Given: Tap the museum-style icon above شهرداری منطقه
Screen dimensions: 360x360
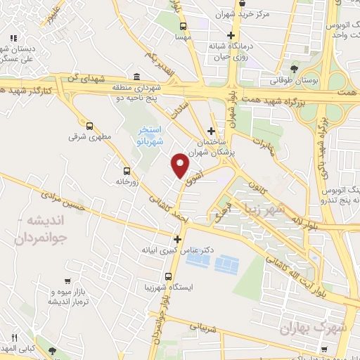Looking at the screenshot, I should tap(136, 77).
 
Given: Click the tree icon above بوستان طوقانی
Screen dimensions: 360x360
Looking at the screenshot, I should tap(293, 70).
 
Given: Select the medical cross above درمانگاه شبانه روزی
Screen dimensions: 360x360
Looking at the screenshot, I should tap(231, 36).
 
